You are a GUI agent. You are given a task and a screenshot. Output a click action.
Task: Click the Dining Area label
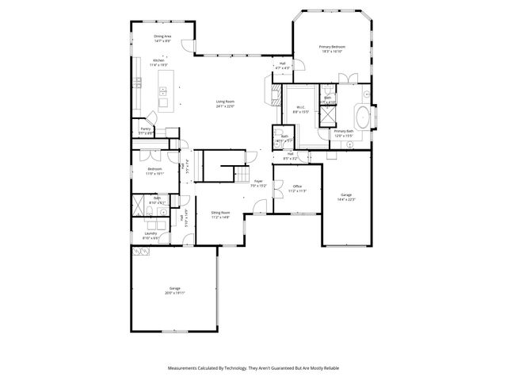click(163, 38)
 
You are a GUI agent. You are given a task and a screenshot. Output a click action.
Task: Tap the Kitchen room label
click(158, 63)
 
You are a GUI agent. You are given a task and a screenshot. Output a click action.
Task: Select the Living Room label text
click(225, 103)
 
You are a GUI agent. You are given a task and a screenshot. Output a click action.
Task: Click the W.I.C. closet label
click(301, 110)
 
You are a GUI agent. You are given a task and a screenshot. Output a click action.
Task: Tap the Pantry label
click(145, 130)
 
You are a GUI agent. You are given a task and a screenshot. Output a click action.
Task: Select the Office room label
click(296, 188)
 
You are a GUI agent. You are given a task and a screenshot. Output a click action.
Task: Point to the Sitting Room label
click(220, 214)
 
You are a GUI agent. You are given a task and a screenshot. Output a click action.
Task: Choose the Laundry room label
click(151, 235)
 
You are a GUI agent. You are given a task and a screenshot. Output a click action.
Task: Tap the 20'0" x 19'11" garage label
click(174, 290)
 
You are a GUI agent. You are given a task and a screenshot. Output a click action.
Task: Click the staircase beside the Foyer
click(241, 174)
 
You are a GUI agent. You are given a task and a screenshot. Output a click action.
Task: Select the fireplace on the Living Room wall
click(269, 97)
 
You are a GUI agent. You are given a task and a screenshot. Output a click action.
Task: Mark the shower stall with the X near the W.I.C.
click(326, 112)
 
